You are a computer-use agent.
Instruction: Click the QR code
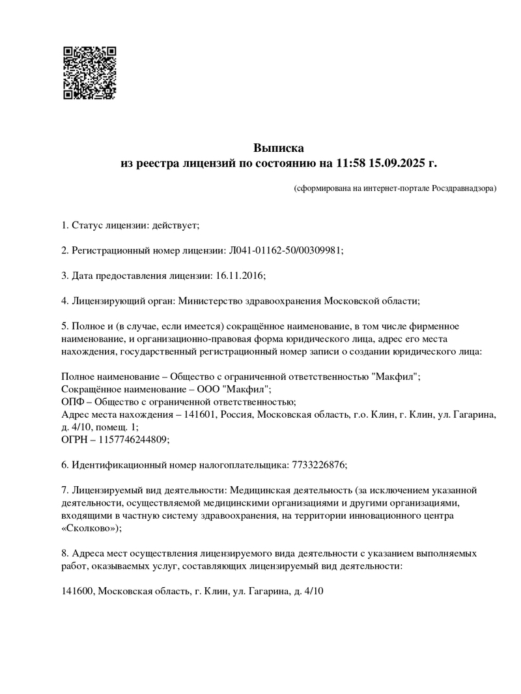click(x=90, y=73)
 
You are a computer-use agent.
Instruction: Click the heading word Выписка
click(x=279, y=148)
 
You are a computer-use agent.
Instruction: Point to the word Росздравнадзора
click(x=463, y=188)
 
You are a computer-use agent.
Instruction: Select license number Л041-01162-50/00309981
click(x=285, y=250)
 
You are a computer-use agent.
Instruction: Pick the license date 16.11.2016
click(x=238, y=275)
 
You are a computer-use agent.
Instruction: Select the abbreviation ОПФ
click(x=73, y=402)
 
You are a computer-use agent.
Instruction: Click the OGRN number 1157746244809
click(x=133, y=439)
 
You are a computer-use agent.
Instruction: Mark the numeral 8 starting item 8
click(x=63, y=553)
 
